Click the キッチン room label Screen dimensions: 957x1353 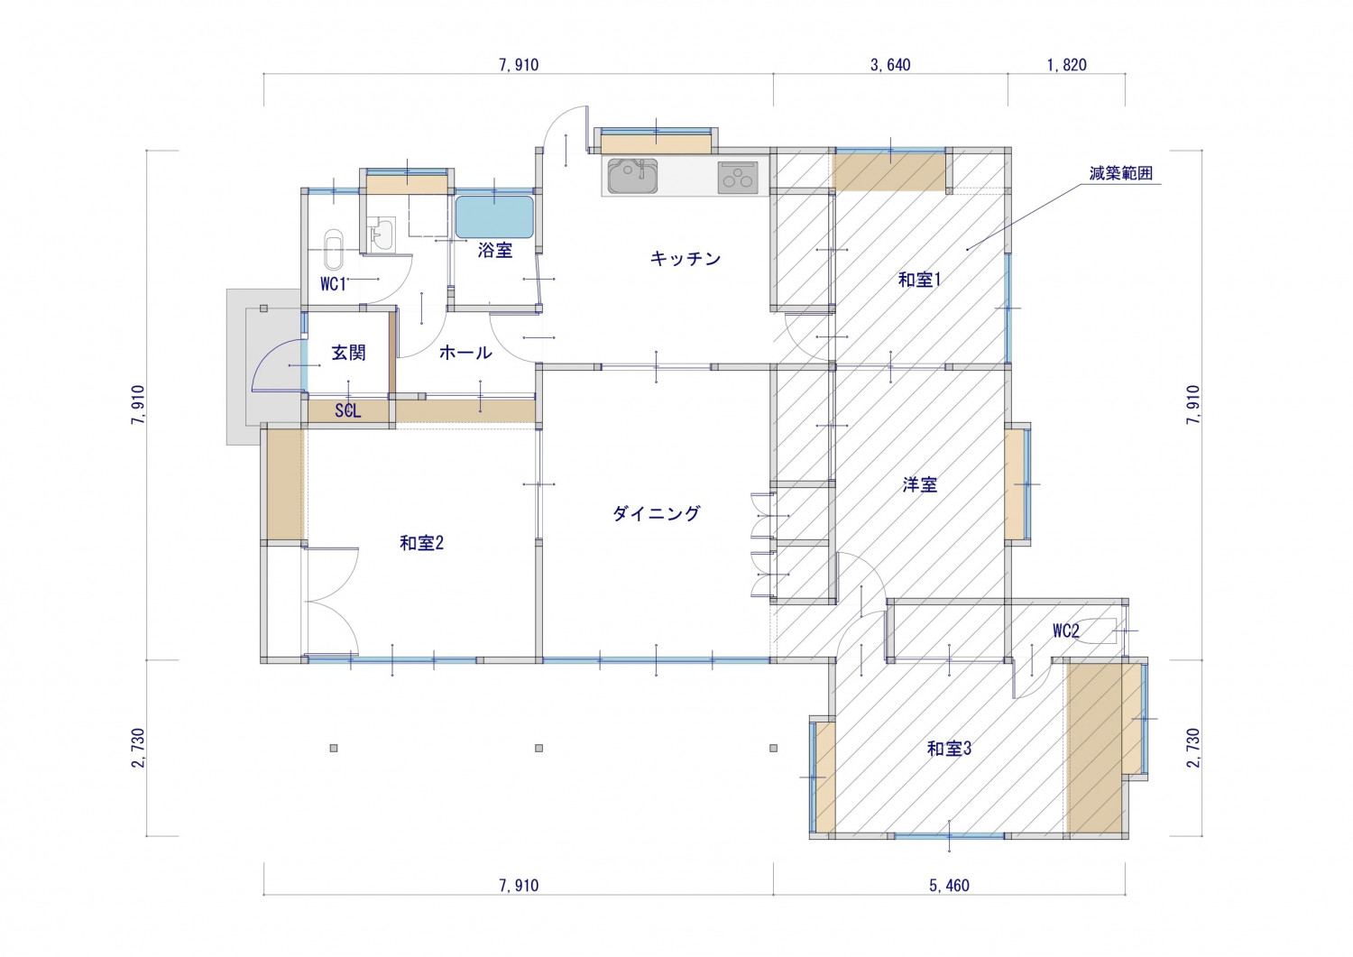coord(686,259)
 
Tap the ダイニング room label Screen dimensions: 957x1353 coord(656,513)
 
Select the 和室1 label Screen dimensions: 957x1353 coord(919,280)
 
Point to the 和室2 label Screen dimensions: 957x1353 coord(421,543)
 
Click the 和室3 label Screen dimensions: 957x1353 coord(949,749)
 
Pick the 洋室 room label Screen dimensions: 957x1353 coord(919,485)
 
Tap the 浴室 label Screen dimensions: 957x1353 coord(494,251)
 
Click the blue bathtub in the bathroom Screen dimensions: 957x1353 coord(494,216)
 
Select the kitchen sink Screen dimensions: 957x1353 coord(631,176)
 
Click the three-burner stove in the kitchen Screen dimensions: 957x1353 coord(738,177)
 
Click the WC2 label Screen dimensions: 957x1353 coord(1065,631)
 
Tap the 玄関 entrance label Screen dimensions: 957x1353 coord(348,353)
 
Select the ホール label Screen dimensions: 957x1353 coord(465,353)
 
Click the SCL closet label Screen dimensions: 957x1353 coord(348,411)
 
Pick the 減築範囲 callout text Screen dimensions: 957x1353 coord(1120,174)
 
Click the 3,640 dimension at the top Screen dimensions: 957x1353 coord(890,65)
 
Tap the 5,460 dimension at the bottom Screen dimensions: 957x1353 coord(949,886)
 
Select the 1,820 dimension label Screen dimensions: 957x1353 coord(1066,65)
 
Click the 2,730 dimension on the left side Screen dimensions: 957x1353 coord(138,748)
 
